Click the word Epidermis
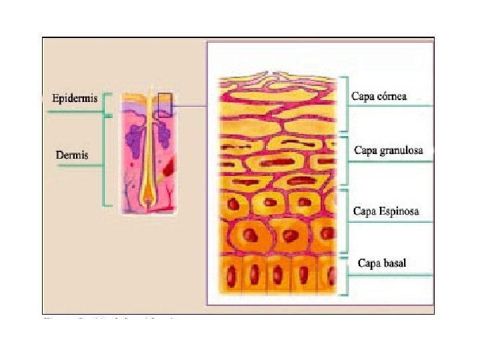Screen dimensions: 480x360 click(x=75, y=99)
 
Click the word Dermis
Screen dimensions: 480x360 click(x=71, y=155)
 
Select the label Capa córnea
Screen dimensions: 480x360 click(x=379, y=96)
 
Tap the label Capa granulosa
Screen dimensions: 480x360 click(x=388, y=150)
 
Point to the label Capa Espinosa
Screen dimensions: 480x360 click(x=386, y=211)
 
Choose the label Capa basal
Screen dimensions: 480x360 click(x=381, y=263)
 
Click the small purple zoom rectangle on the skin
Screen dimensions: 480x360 click(x=164, y=105)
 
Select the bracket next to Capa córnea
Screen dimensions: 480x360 click(x=345, y=103)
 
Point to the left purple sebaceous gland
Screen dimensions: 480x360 click(x=136, y=136)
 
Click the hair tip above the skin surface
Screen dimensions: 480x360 click(x=150, y=90)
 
